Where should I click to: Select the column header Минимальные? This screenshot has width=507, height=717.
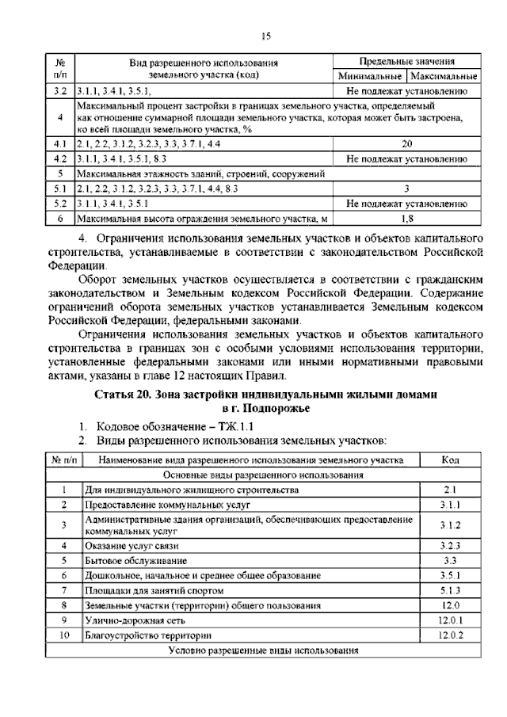[370, 77]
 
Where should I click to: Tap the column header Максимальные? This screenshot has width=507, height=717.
[442, 77]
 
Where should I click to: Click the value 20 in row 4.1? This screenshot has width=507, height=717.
[406, 144]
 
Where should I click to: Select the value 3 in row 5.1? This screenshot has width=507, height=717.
[406, 189]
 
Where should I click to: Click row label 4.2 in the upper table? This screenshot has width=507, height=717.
[59, 158]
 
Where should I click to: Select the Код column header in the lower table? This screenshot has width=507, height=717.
[451, 460]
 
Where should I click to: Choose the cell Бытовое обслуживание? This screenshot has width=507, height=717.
[123, 560]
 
